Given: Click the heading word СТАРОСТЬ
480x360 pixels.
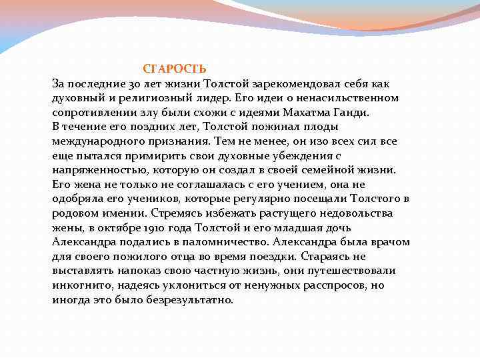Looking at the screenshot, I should [x=175, y=69].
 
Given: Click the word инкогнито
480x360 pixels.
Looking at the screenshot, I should [x=81, y=285].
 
